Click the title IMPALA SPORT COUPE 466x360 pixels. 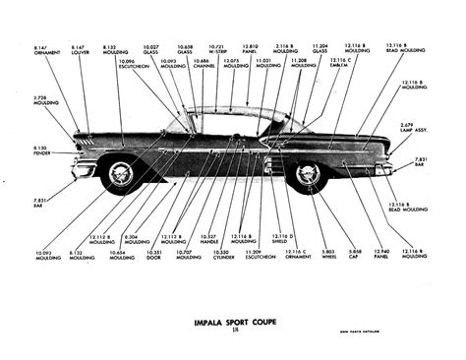233,320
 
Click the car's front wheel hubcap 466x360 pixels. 121,175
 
